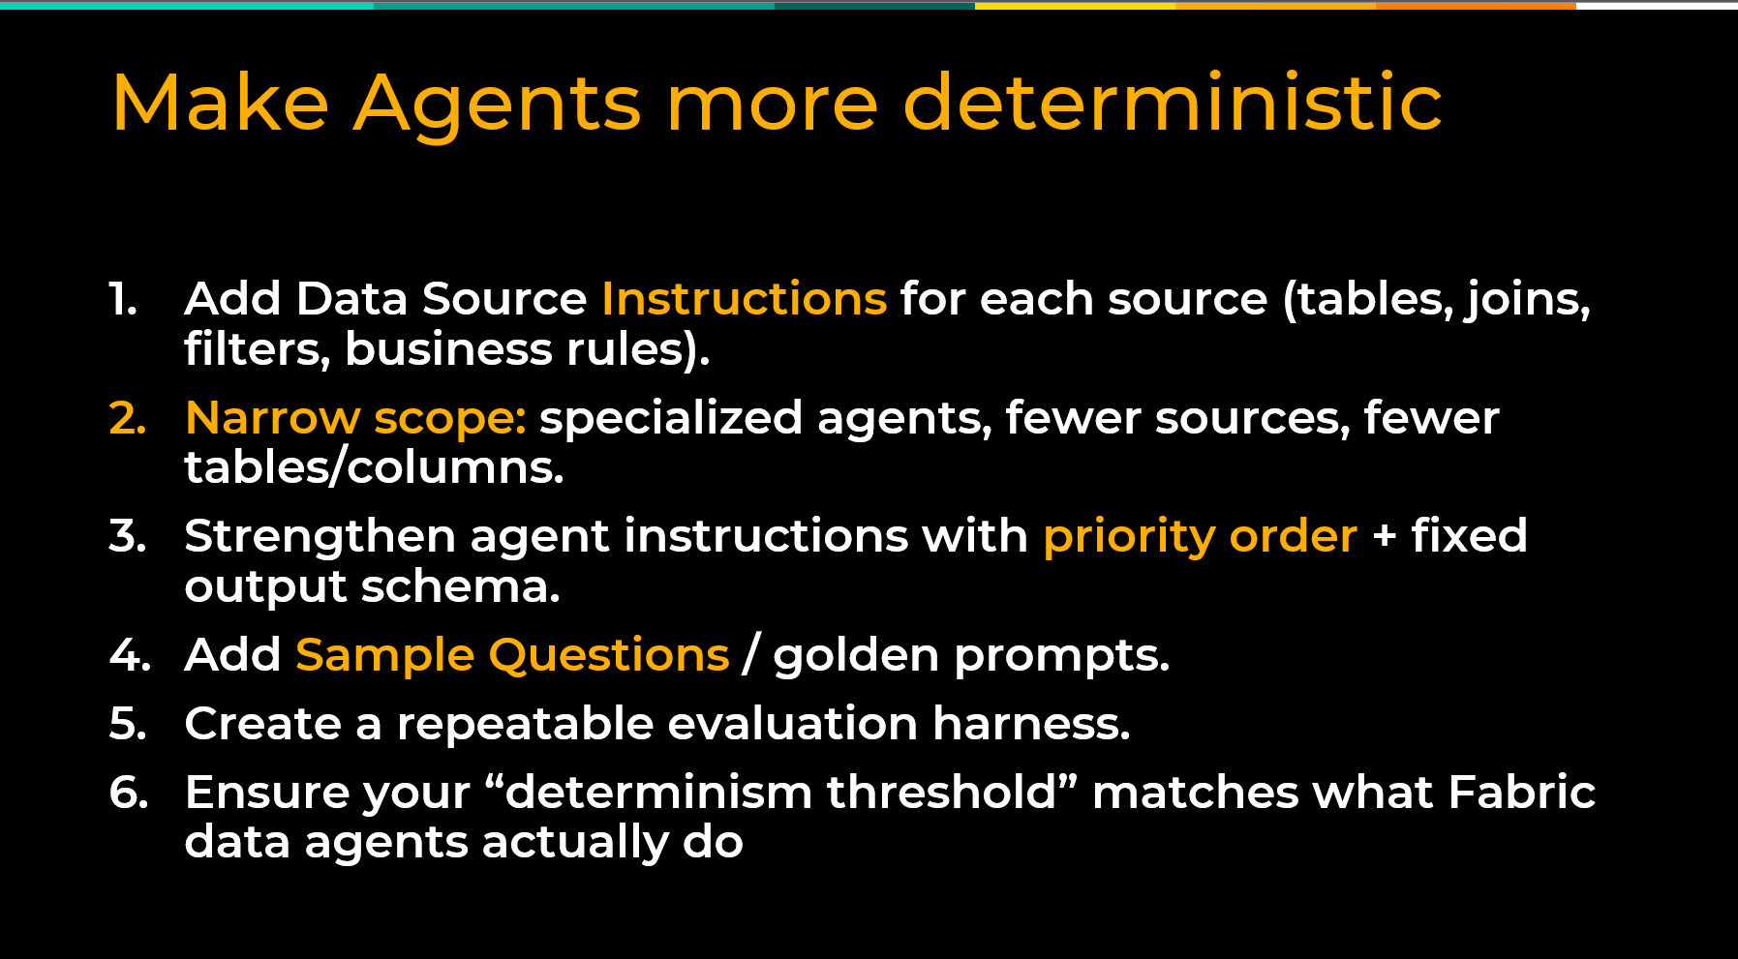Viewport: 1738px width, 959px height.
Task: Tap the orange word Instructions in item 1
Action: pos(744,298)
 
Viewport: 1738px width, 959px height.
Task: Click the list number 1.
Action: pos(122,299)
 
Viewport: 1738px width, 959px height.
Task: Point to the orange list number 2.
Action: pos(128,418)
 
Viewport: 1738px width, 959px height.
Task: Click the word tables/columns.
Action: pos(374,467)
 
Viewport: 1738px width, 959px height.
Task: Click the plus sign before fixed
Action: pos(1385,536)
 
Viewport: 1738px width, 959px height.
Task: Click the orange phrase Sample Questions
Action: pos(512,656)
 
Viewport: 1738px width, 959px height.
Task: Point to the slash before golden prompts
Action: pos(750,655)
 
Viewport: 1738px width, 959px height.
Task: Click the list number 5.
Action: pos(128,724)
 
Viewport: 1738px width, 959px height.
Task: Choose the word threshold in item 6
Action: pos(941,792)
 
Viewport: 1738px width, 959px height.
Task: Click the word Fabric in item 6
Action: pos(1521,792)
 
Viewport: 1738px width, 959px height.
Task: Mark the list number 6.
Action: pos(129,793)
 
